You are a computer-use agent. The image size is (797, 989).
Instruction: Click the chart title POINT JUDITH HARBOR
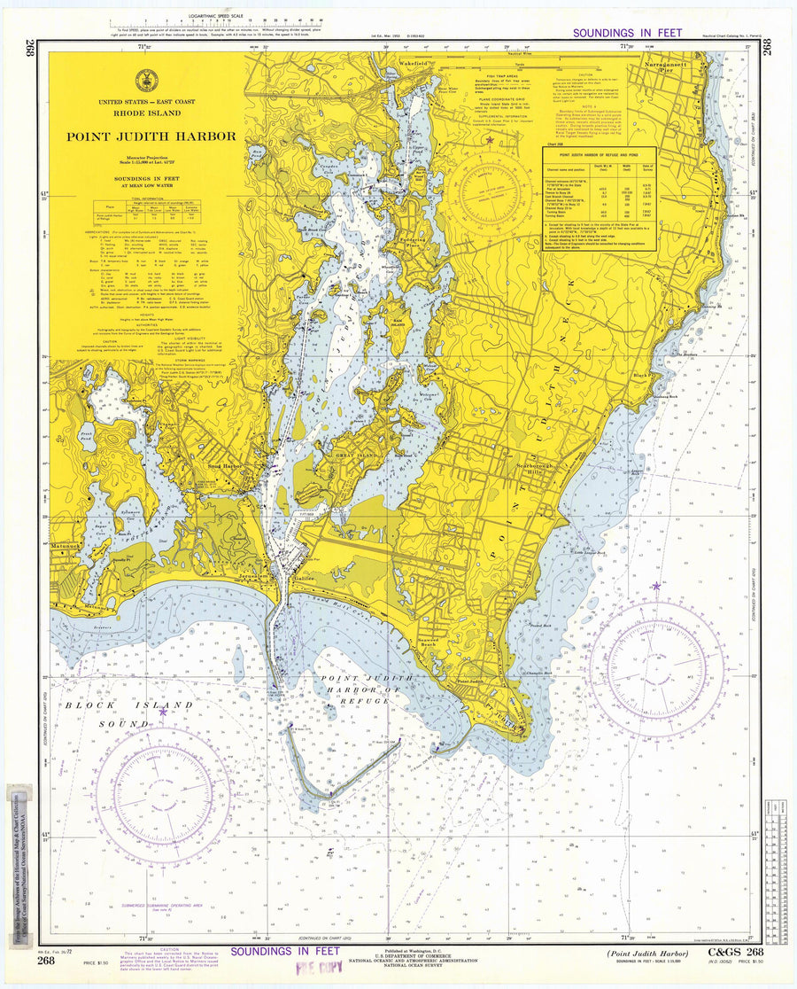(150, 136)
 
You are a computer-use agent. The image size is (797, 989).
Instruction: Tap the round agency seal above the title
(147, 81)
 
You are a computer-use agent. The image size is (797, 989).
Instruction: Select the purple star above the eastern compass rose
(655, 586)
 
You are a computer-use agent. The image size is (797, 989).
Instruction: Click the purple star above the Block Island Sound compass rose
(162, 711)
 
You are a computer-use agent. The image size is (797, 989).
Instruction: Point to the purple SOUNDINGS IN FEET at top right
(627, 34)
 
